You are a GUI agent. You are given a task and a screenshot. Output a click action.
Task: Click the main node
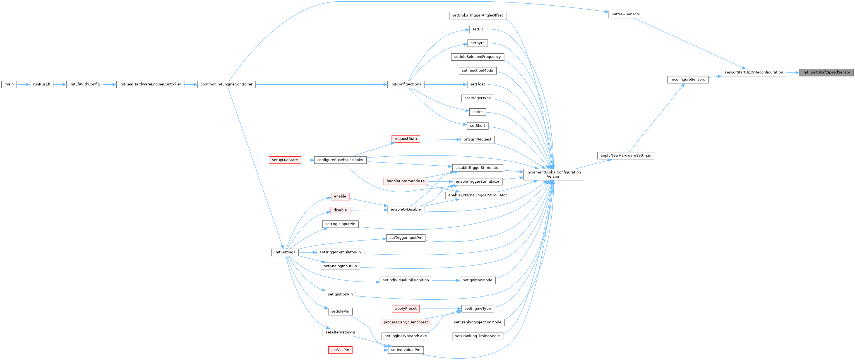click(x=9, y=84)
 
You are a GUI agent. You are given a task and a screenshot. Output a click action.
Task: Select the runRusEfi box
click(x=42, y=84)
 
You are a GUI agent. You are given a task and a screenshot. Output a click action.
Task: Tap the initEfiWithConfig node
click(x=85, y=84)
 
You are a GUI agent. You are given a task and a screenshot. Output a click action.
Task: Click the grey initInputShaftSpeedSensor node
click(x=826, y=72)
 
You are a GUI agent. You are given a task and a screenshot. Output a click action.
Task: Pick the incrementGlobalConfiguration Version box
click(x=553, y=174)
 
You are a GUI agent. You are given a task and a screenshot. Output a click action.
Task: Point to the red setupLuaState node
click(x=285, y=160)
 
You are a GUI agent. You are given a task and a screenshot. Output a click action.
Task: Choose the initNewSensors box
click(x=625, y=15)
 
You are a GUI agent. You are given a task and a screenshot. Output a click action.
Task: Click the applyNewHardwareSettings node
click(x=625, y=156)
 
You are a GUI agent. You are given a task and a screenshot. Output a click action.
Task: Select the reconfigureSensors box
click(x=687, y=80)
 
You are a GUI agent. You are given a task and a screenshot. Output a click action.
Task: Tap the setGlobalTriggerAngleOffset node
click(x=477, y=16)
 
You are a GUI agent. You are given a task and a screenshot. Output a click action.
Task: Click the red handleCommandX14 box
click(x=405, y=181)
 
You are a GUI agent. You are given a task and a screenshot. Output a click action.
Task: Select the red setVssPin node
click(x=340, y=350)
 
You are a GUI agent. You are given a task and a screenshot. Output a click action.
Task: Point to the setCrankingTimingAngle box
click(x=477, y=336)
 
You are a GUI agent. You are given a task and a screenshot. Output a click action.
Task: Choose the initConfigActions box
click(x=405, y=84)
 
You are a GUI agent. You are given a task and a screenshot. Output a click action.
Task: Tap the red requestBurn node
click(x=405, y=139)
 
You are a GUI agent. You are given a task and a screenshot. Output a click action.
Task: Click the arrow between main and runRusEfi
click(x=23, y=84)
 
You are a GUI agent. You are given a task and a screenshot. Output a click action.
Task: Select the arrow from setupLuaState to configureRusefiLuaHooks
click(x=307, y=160)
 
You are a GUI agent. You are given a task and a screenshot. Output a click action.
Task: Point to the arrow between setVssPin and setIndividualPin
click(x=370, y=350)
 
